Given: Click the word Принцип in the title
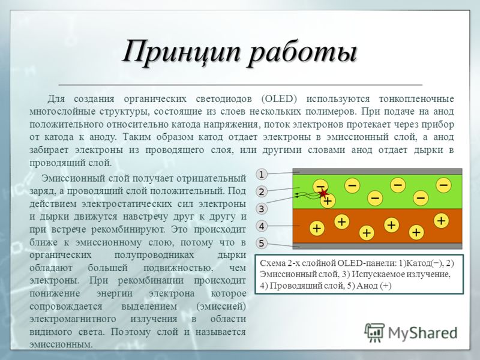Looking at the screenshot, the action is [181, 52].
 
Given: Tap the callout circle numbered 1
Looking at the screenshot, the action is [262, 175].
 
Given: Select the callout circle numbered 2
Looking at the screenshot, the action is [262, 191].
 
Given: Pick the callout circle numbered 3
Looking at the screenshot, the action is [262, 209].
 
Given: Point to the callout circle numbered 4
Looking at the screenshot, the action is [262, 226].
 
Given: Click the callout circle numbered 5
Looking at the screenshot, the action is [262, 244].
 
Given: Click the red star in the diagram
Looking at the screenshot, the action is [323, 193].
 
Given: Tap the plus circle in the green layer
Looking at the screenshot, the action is [328, 201].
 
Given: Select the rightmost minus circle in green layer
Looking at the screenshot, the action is [443, 185].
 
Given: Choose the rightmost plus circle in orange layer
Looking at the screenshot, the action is [441, 220].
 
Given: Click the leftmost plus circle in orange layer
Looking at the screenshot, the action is [317, 228].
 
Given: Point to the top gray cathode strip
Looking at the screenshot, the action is [377, 171].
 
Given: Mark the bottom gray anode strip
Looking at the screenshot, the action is [377, 246].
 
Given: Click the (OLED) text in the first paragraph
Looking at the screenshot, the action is [279, 99].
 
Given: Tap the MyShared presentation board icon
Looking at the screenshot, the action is [374, 332].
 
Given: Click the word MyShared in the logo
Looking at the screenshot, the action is [423, 332].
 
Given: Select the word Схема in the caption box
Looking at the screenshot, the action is [271, 263].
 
